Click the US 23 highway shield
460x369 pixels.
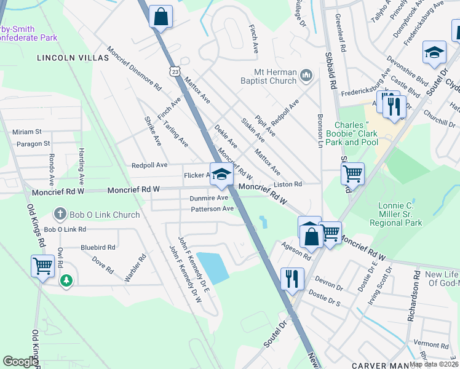[176, 72]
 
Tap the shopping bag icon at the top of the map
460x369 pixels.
[161, 17]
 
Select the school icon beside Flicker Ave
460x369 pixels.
[221, 174]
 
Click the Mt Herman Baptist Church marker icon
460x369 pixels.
[306, 76]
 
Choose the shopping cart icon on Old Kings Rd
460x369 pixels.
[42, 266]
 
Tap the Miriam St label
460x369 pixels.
[26, 132]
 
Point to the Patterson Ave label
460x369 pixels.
[212, 209]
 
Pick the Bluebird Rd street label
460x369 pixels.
[98, 247]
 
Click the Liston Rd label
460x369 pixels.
[288, 184]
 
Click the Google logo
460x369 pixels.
[21, 362]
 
